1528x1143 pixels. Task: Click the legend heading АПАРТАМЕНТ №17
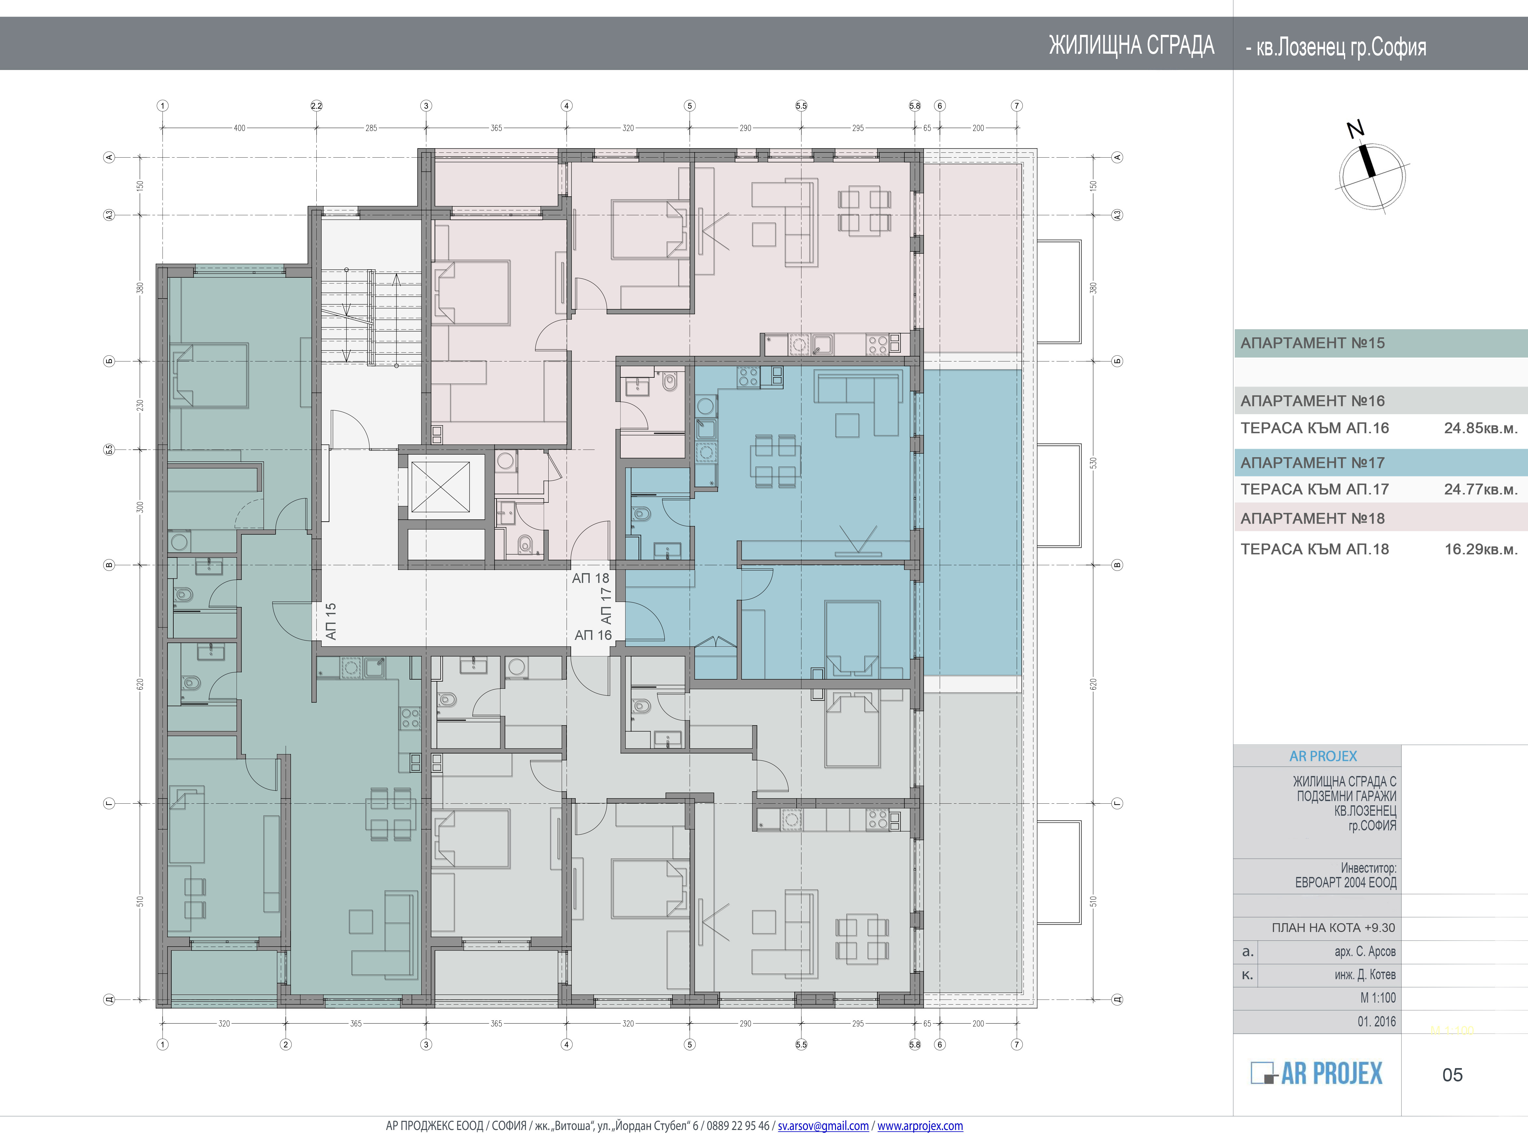(x=1312, y=463)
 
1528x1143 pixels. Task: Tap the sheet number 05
(x=1452, y=1075)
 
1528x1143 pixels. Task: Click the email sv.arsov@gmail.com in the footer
(x=823, y=1126)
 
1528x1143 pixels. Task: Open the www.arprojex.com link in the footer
(x=920, y=1126)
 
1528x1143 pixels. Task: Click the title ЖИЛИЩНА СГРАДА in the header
(x=1132, y=45)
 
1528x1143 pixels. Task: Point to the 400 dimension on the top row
(x=239, y=128)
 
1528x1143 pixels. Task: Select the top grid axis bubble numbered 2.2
(x=316, y=106)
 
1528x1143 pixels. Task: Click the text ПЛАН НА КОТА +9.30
(x=1333, y=927)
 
